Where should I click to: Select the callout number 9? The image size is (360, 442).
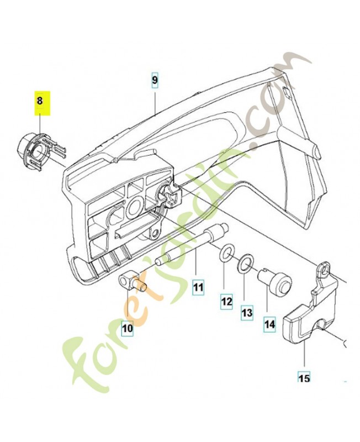155,80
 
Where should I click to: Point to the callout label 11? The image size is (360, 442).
198,287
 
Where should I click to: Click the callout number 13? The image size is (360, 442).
246,313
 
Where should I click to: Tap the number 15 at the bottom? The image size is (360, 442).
304,378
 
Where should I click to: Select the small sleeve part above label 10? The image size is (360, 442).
133,280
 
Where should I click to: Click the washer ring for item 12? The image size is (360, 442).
225,255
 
